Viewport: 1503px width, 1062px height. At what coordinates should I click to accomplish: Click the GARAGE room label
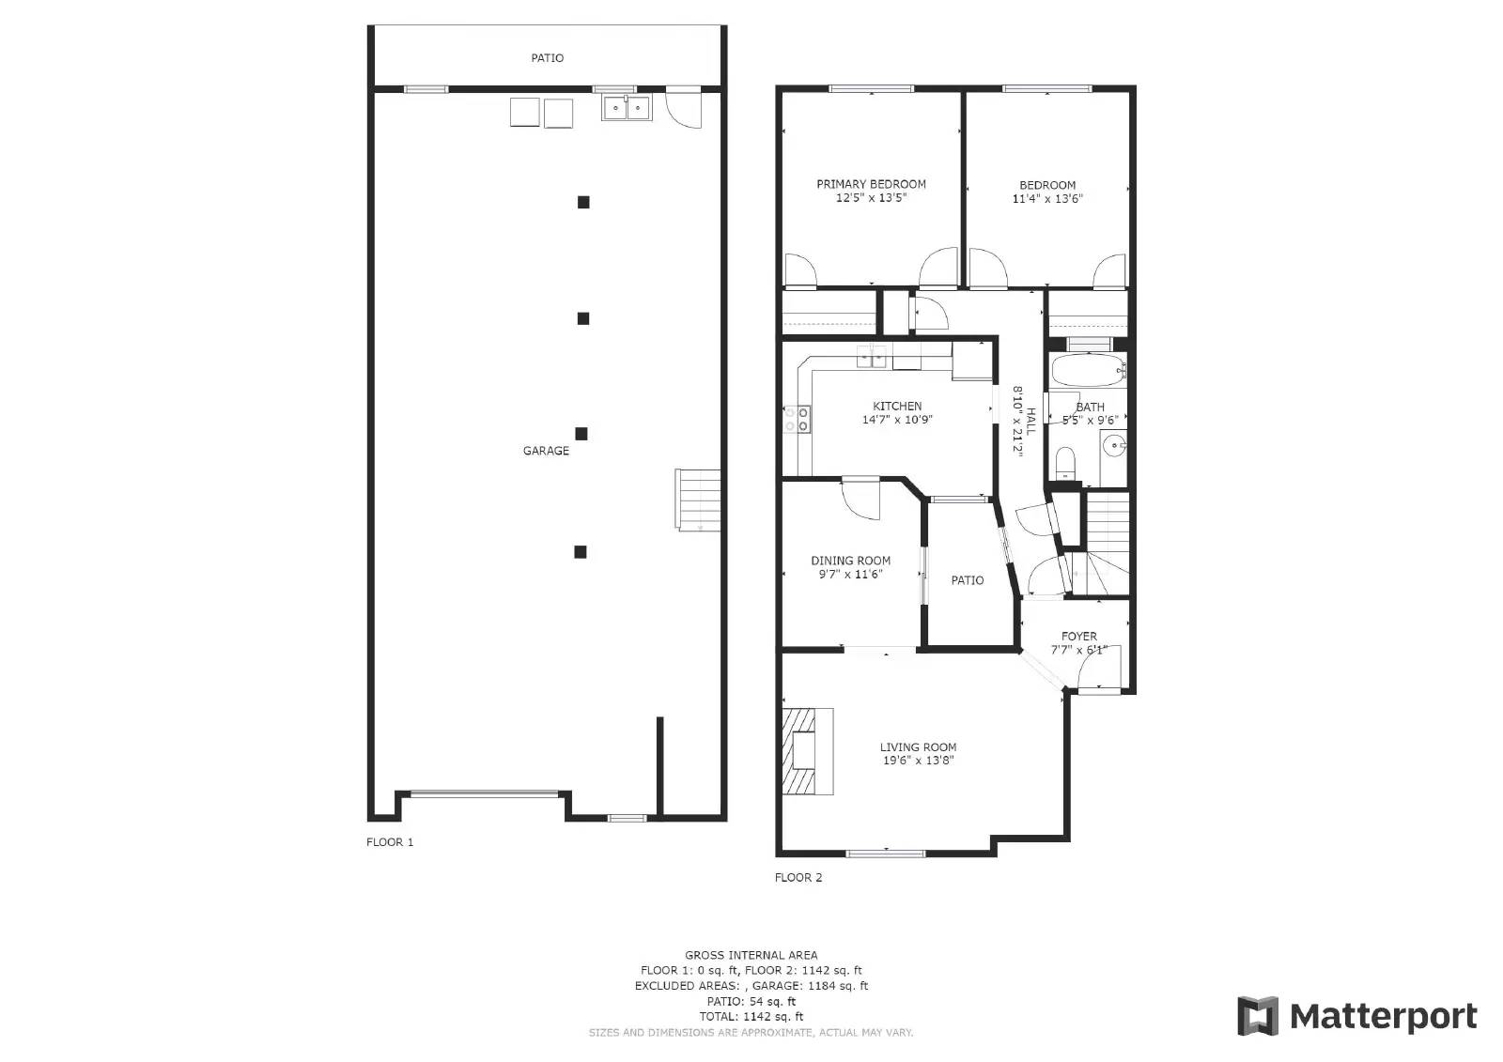point(546,451)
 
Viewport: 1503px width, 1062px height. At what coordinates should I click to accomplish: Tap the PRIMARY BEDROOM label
point(871,184)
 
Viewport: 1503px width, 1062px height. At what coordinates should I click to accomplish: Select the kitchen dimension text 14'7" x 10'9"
point(897,420)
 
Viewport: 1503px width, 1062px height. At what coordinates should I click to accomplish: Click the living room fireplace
point(806,751)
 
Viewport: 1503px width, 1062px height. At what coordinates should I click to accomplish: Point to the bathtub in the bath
point(1088,371)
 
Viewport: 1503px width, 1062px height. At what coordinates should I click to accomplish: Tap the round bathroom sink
point(1114,446)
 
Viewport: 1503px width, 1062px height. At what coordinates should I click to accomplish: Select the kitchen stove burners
point(798,419)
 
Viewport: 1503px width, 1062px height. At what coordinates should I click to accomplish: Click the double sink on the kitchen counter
point(874,357)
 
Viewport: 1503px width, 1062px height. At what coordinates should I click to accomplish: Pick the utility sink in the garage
point(627,108)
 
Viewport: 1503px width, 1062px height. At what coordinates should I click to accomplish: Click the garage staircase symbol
point(698,500)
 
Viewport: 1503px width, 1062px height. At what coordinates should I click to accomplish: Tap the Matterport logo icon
point(1258,1016)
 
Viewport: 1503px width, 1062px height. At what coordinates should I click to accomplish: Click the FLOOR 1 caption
point(390,842)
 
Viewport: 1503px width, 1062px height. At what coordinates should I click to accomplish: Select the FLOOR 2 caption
point(798,878)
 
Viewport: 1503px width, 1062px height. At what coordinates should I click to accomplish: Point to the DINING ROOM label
point(850,561)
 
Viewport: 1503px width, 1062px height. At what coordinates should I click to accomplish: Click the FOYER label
point(1079,636)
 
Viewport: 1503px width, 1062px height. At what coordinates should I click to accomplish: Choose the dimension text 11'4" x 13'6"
point(1047,199)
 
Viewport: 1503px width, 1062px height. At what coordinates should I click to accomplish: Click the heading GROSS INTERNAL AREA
point(751,955)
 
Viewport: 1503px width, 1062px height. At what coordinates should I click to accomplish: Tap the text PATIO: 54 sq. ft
point(751,1001)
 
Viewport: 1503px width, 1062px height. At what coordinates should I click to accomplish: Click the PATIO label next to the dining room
point(968,580)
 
